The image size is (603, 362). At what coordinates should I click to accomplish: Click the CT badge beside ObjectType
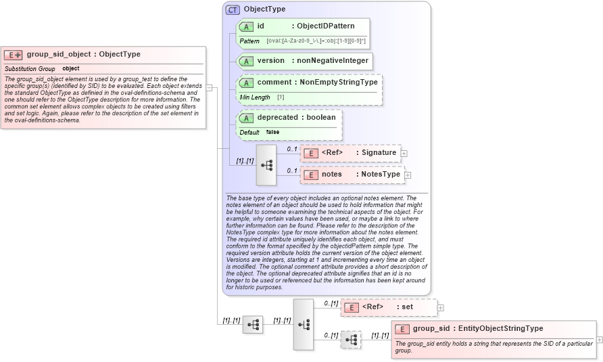233,9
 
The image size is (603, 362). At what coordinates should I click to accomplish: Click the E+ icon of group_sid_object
14,55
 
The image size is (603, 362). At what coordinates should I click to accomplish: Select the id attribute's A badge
247,26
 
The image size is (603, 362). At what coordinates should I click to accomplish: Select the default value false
272,133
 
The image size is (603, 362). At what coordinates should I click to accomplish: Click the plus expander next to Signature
404,154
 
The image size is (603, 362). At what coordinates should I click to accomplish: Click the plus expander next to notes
408,175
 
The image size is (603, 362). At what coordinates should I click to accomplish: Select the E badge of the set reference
352,307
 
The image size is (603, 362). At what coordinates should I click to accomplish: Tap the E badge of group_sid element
402,329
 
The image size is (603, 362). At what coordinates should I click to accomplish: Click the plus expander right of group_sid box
600,340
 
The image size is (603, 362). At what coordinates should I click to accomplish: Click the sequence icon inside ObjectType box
266,164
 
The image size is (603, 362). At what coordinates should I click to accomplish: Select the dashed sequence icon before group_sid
351,340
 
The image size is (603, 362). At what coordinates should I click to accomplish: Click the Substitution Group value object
71,69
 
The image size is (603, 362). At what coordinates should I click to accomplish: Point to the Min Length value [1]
281,97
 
